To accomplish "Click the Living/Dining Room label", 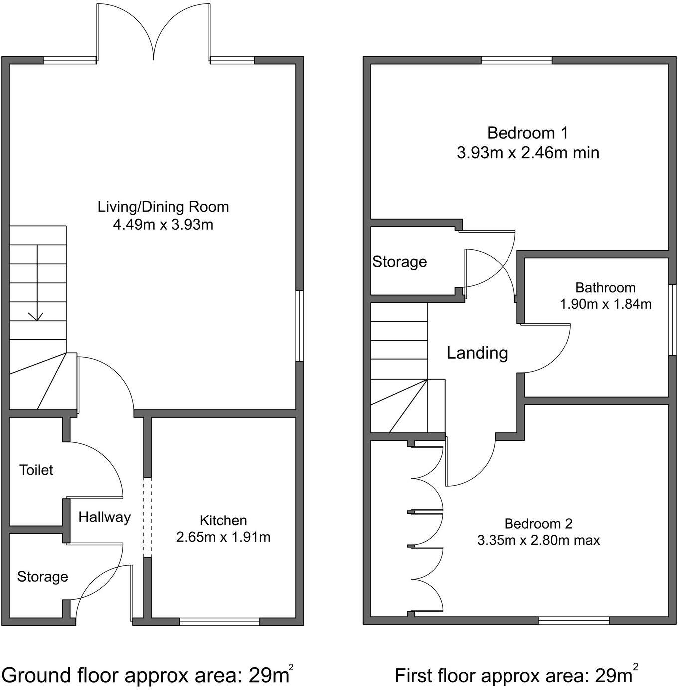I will coord(163,207).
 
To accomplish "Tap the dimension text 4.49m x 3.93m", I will coord(163,225).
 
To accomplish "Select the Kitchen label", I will coord(223,520).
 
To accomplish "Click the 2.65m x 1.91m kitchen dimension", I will coord(223,537).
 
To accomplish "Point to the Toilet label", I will coord(36,470).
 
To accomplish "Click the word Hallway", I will coord(104,517).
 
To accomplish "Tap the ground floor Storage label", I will coord(42,577).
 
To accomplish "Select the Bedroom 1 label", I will coord(527,133).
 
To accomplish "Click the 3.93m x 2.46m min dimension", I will coord(527,152).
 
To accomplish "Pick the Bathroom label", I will coord(605,288).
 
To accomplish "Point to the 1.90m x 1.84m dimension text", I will coord(605,304).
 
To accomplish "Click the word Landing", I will coord(477,353).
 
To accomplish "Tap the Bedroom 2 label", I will coord(538,524).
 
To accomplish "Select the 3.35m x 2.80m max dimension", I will coord(538,540).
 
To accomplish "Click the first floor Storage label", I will coord(400,262).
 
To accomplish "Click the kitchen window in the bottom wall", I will coord(219,621).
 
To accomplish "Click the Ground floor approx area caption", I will coord(148,675).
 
